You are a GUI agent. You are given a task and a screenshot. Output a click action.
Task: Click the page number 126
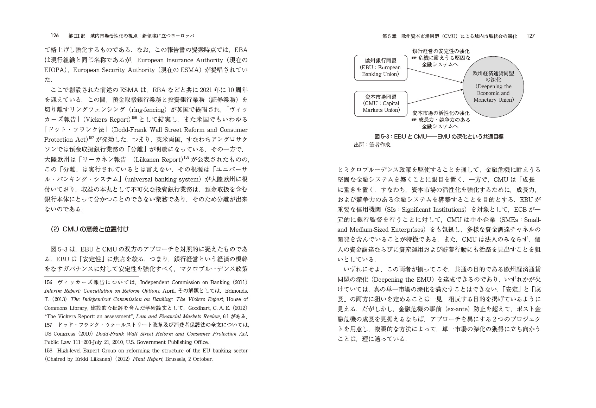55,36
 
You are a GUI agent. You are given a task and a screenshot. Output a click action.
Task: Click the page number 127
531,36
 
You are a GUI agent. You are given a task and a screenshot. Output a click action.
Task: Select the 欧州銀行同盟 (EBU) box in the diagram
380,68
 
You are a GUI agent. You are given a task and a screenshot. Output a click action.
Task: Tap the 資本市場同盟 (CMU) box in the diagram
380,104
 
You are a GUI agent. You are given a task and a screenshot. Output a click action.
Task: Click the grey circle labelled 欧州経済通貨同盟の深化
493,87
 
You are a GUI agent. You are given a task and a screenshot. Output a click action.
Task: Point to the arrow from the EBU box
435,75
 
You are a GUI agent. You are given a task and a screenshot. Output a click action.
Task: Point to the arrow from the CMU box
435,97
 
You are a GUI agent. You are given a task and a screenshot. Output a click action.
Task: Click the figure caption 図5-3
439,136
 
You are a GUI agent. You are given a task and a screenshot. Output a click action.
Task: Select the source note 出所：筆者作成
373,145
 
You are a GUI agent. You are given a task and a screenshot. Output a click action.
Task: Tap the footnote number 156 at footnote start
48,282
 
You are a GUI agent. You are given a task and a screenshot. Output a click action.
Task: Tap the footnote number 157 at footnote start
48,325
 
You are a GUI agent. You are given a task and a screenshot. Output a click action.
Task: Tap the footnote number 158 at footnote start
48,351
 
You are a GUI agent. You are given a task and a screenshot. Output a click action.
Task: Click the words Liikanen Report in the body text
159,160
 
